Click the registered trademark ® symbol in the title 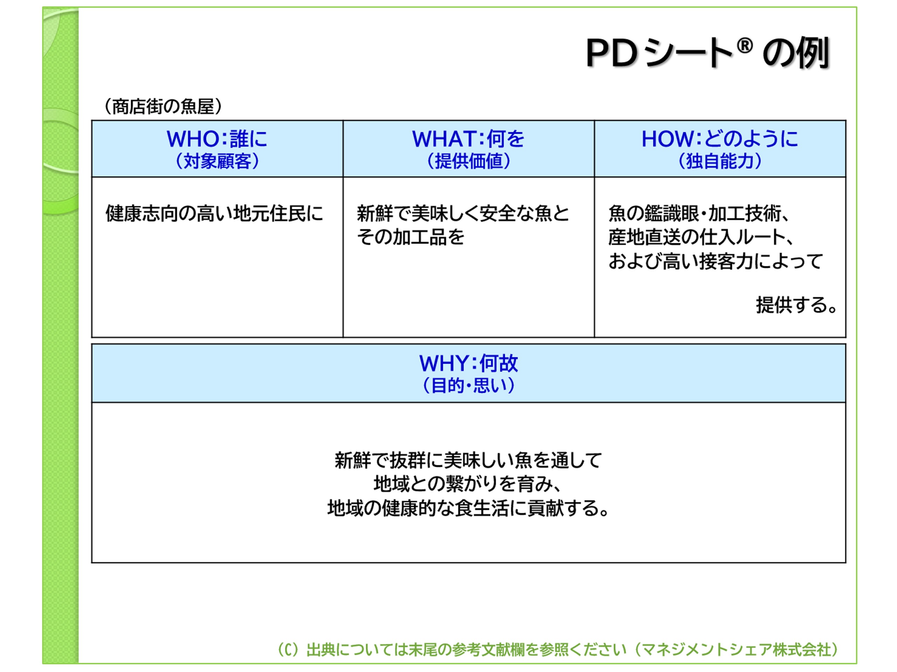[745, 46]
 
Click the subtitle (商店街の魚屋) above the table [163, 106]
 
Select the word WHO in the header [193, 139]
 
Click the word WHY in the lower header [444, 363]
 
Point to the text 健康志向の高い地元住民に [214, 213]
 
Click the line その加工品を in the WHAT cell [410, 237]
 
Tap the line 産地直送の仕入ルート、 [701, 237]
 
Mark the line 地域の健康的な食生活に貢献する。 [469, 508]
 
